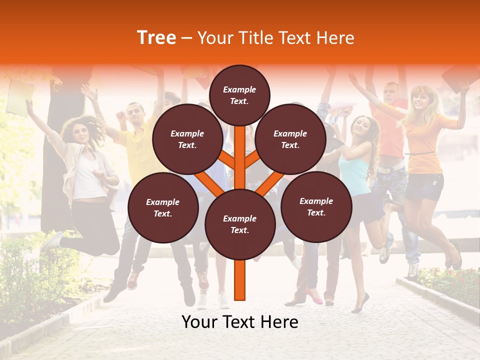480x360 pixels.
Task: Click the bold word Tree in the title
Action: (x=156, y=38)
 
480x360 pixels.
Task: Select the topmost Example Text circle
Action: (x=239, y=95)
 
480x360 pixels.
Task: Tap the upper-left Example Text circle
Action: (x=187, y=139)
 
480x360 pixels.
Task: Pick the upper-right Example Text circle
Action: (x=290, y=139)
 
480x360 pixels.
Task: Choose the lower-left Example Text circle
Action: (x=163, y=207)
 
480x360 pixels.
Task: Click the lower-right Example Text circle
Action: (x=316, y=206)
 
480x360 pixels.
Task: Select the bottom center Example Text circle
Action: (x=240, y=224)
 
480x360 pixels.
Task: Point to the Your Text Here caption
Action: (x=240, y=322)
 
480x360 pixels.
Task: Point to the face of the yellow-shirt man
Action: (x=134, y=114)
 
